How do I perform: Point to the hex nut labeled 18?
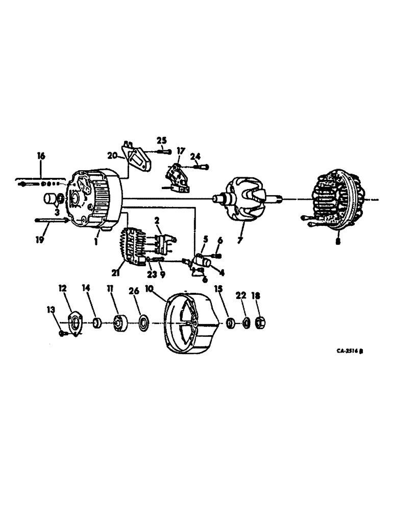(x=259, y=322)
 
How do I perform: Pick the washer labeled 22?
(x=245, y=323)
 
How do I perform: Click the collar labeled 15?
(x=231, y=322)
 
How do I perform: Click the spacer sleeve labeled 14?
(x=97, y=323)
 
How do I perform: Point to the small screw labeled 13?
(x=62, y=333)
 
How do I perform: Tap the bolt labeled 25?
(x=162, y=150)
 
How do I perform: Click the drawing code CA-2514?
(x=345, y=352)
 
